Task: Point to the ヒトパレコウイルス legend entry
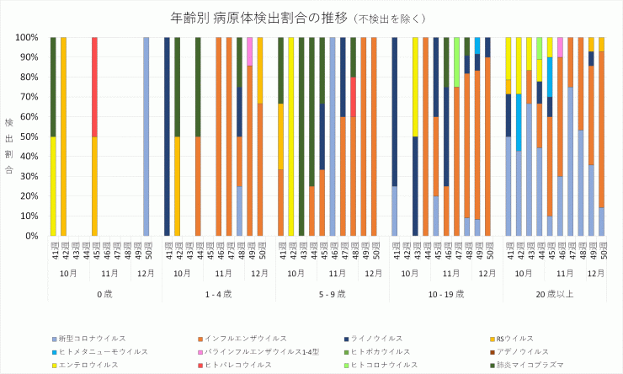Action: [x=237, y=365]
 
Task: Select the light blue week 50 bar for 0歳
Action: [x=146, y=136]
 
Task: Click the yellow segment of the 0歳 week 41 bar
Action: [x=53, y=186]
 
